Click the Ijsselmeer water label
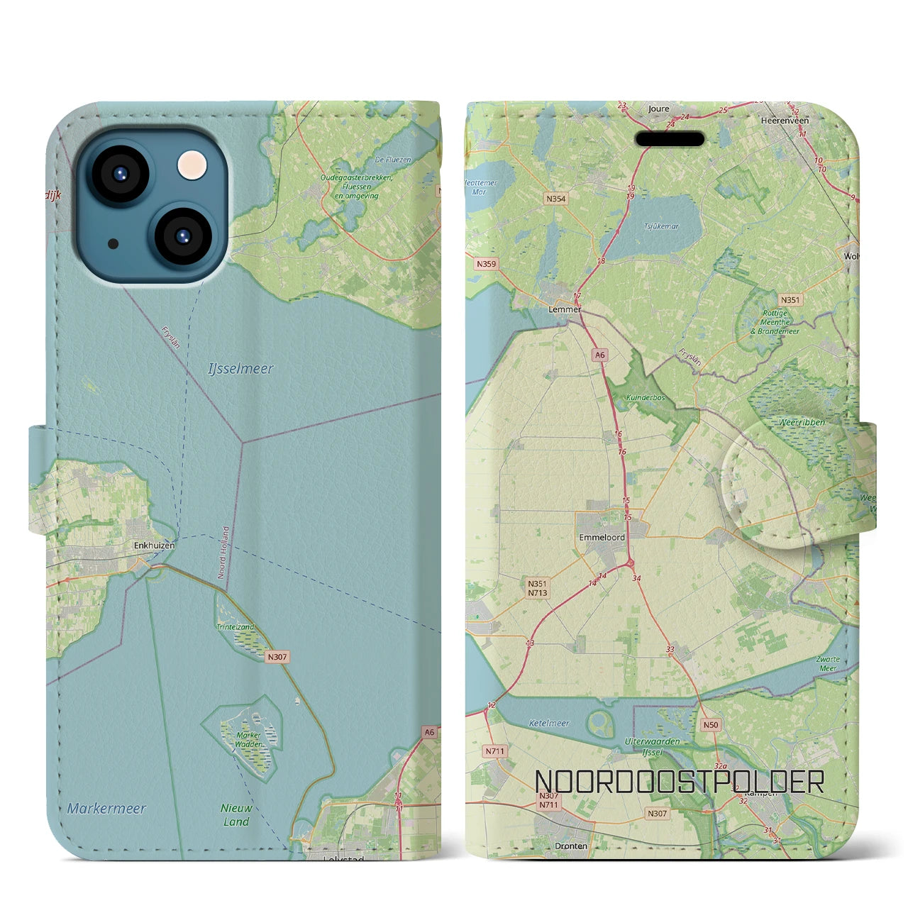[240, 369]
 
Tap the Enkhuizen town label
[154, 546]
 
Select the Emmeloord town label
[602, 537]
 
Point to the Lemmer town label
[565, 309]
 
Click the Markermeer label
[106, 808]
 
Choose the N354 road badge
[556, 199]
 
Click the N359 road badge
[487, 264]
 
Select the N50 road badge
[710, 725]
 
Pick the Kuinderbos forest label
[646, 398]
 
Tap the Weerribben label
[802, 422]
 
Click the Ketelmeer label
[549, 724]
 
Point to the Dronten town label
[571, 846]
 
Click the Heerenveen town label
[785, 121]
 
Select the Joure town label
[658, 109]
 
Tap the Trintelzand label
[236, 627]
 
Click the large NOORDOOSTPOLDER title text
[679, 782]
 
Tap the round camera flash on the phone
[193, 167]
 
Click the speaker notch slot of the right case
[670, 139]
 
